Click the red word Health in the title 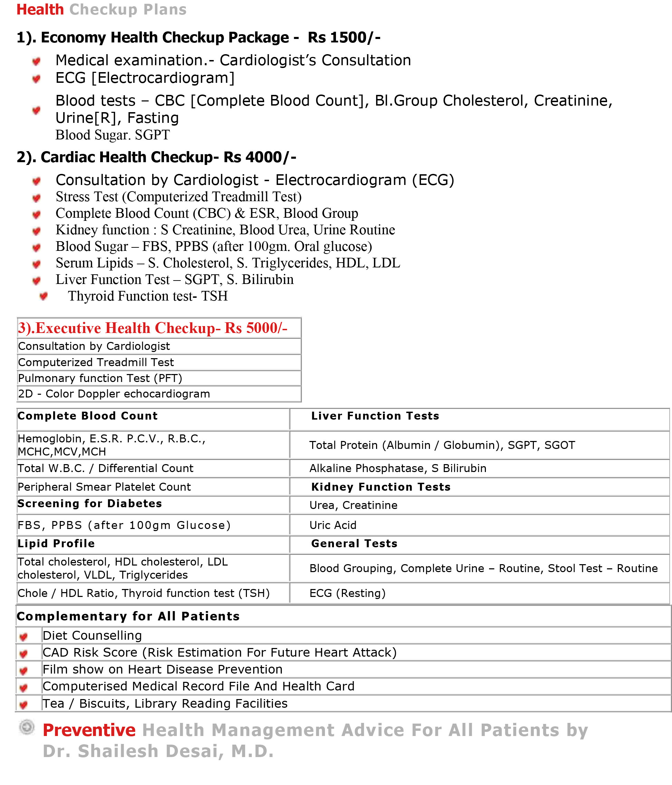pyautogui.click(x=40, y=9)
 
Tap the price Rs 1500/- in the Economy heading pyautogui.click(x=344, y=38)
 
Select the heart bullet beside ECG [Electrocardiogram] pyautogui.click(x=36, y=78)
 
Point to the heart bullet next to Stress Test pyautogui.click(x=36, y=198)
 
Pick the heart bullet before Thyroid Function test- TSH pyautogui.click(x=44, y=296)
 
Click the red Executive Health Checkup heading pyautogui.click(x=152, y=328)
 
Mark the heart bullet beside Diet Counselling pyautogui.click(x=23, y=637)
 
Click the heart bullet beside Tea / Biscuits pyautogui.click(x=23, y=704)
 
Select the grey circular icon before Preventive pyautogui.click(x=27, y=727)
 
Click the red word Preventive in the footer pyautogui.click(x=89, y=730)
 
